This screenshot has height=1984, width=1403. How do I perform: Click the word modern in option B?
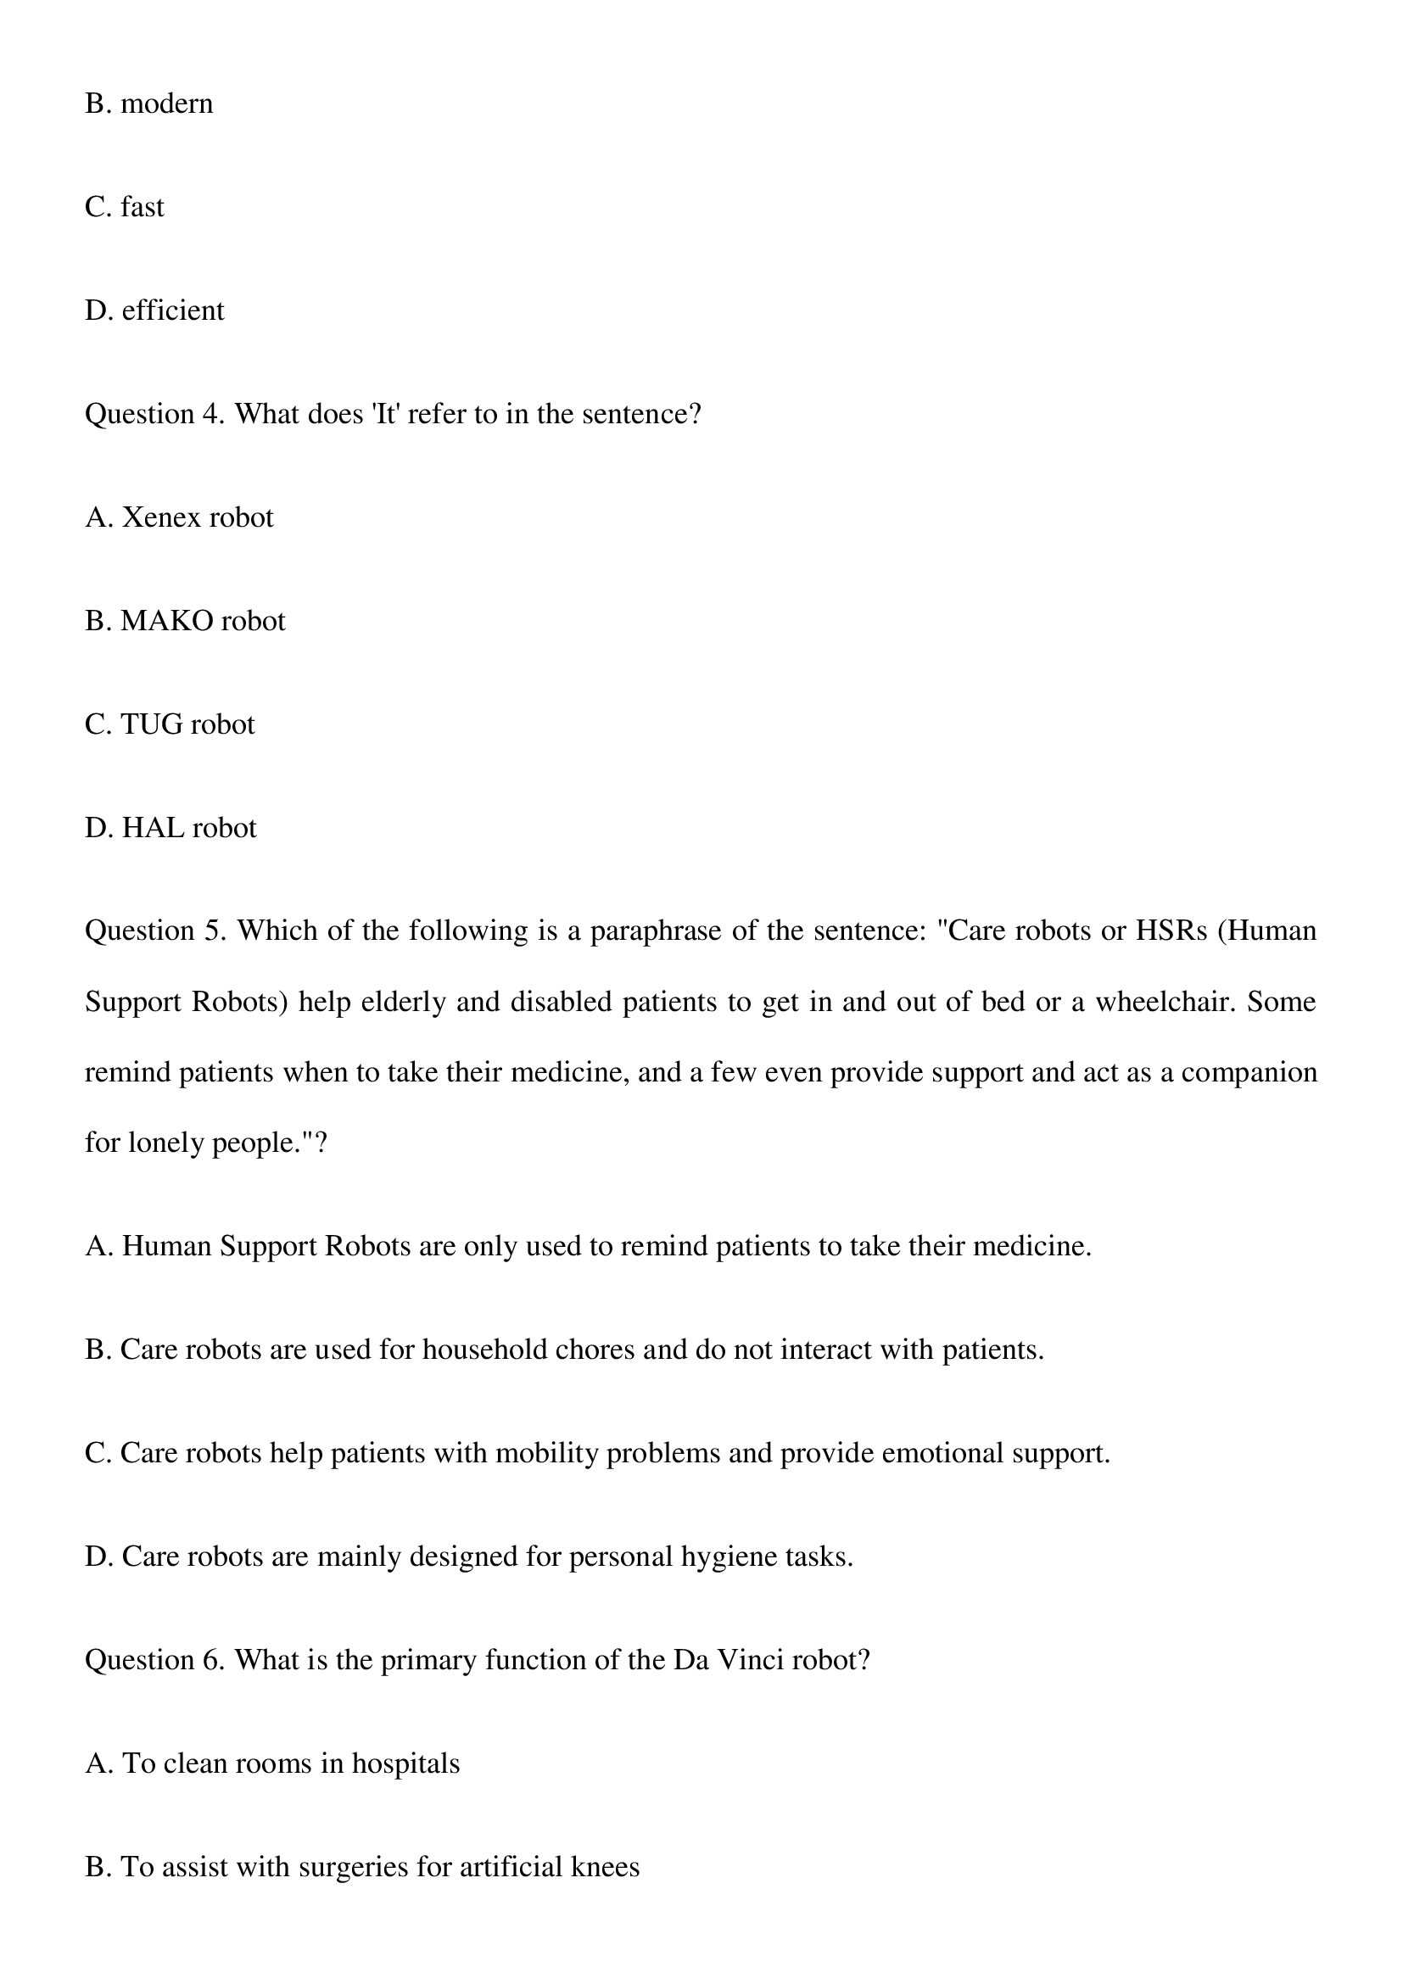[x=167, y=103]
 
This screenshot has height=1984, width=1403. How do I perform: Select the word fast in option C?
[x=142, y=207]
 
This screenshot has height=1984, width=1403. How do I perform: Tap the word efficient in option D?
[x=173, y=310]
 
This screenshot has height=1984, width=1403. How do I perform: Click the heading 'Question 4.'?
[x=154, y=414]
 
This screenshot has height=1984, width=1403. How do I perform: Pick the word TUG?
[x=151, y=724]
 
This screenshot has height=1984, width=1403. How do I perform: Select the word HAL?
[x=153, y=828]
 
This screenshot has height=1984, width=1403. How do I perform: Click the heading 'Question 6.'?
[x=154, y=1660]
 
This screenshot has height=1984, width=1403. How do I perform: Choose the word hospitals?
[x=405, y=1763]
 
